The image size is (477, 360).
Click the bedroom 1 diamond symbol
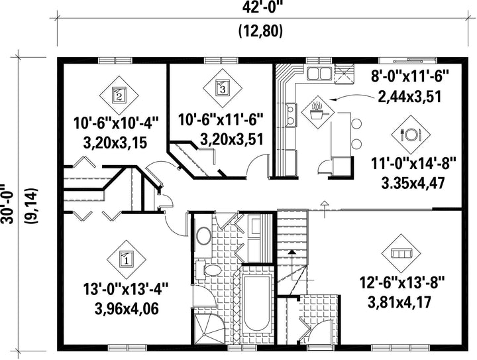click(x=127, y=260)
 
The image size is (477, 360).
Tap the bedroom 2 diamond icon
click(x=119, y=95)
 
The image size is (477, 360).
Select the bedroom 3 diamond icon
click(x=223, y=88)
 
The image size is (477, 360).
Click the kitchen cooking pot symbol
click(x=317, y=112)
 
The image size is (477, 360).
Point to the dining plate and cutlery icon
click(x=411, y=134)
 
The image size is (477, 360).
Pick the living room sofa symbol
click(x=401, y=253)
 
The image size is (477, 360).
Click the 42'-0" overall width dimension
click(x=260, y=7)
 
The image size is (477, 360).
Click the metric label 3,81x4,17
click(x=399, y=302)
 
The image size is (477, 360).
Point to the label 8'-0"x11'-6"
click(x=410, y=76)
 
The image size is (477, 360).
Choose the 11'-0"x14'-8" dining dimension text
click(x=413, y=164)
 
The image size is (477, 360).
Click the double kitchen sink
click(x=319, y=73)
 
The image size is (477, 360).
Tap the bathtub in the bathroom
click(x=257, y=303)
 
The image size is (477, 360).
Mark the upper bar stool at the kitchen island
click(x=356, y=124)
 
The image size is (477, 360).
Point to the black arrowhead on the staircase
click(x=291, y=252)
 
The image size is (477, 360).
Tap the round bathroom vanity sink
click(x=203, y=236)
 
